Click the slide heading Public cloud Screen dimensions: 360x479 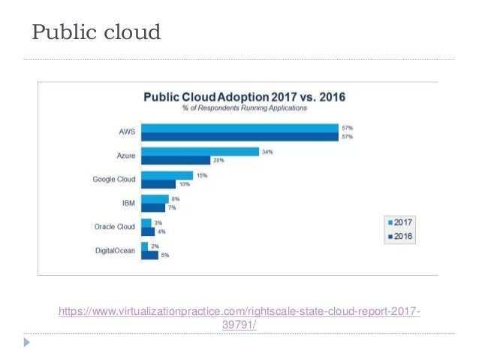tap(95, 33)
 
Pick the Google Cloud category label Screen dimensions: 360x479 tap(113, 180)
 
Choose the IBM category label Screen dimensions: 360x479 tap(128, 203)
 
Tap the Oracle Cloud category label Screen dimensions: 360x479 tap(115, 227)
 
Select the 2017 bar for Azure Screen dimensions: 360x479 tap(197, 151)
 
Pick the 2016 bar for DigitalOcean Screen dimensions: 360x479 tap(149, 255)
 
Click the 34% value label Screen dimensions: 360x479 tap(267, 151)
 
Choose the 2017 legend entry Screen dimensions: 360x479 tap(400, 222)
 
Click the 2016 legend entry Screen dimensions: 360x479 tap(400, 236)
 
